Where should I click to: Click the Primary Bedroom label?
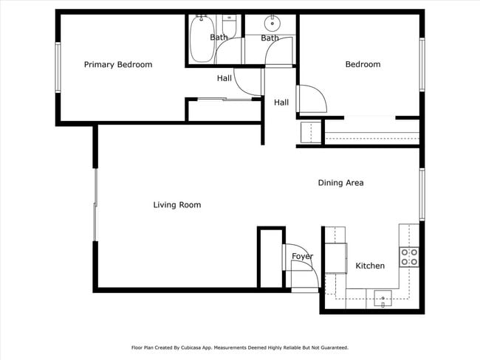point(118,65)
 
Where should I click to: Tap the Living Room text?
point(177,205)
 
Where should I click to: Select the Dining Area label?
point(340,183)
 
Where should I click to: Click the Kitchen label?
point(370,266)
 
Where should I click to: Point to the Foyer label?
point(302,257)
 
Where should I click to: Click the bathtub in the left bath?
point(201,41)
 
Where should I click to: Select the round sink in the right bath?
point(271,21)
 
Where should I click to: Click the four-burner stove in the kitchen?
point(409,257)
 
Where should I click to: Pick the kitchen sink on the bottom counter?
point(383,298)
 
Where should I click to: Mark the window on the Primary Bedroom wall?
point(58,67)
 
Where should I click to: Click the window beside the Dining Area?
point(422,194)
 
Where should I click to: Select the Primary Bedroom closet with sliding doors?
point(224,110)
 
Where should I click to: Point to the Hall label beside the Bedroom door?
point(281,103)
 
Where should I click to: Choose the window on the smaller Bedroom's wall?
point(422,65)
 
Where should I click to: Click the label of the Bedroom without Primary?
point(363,65)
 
